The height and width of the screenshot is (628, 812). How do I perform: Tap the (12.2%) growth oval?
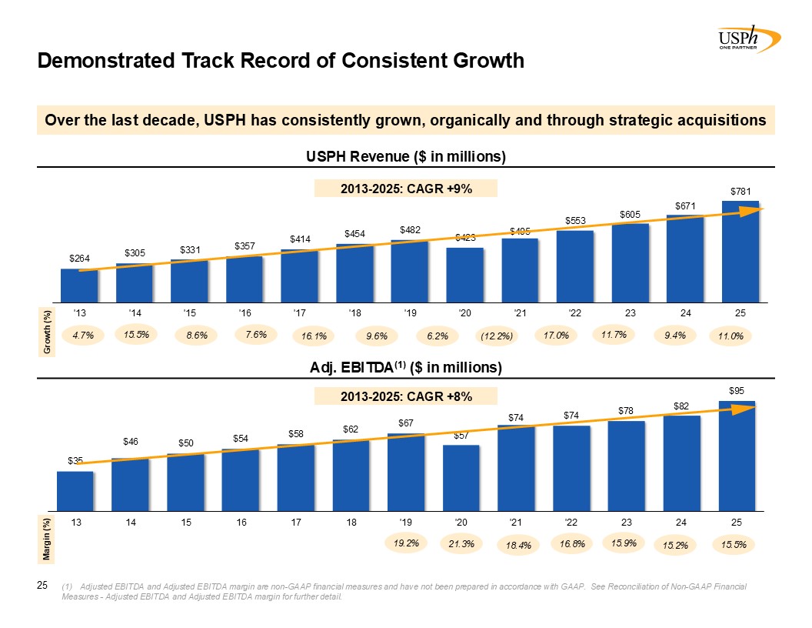[x=497, y=336]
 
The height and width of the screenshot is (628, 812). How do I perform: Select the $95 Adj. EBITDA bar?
[x=737, y=455]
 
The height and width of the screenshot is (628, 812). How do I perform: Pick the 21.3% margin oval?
[x=461, y=544]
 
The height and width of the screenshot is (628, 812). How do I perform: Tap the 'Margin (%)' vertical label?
[x=48, y=538]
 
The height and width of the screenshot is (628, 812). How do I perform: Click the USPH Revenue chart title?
[x=406, y=157]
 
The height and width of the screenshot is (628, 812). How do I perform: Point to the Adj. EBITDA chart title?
[x=406, y=368]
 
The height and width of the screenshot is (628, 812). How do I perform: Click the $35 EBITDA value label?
[x=75, y=461]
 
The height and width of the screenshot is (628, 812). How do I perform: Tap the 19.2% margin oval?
[x=406, y=543]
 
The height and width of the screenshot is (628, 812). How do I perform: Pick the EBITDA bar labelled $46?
[x=130, y=484]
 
